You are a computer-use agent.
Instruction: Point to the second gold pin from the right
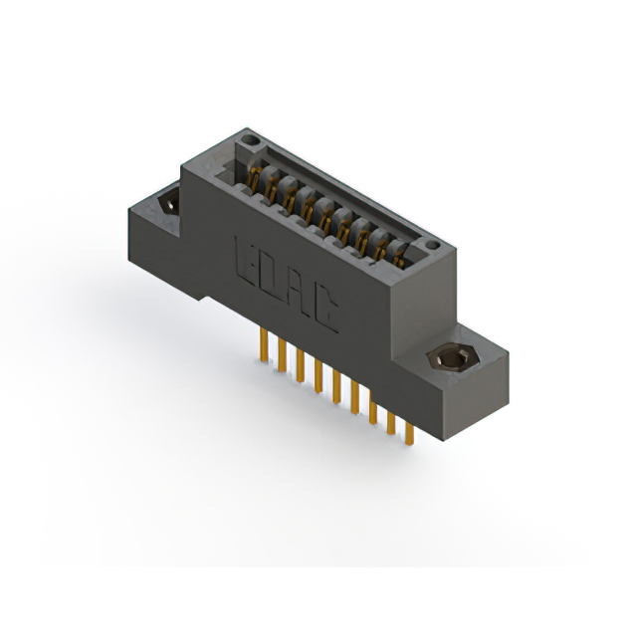coord(390,420)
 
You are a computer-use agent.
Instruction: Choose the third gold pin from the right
coord(372,410)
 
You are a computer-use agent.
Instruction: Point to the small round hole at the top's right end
coord(431,244)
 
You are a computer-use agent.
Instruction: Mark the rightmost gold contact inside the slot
coord(398,257)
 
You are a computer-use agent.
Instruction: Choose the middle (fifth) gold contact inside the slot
coord(325,216)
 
